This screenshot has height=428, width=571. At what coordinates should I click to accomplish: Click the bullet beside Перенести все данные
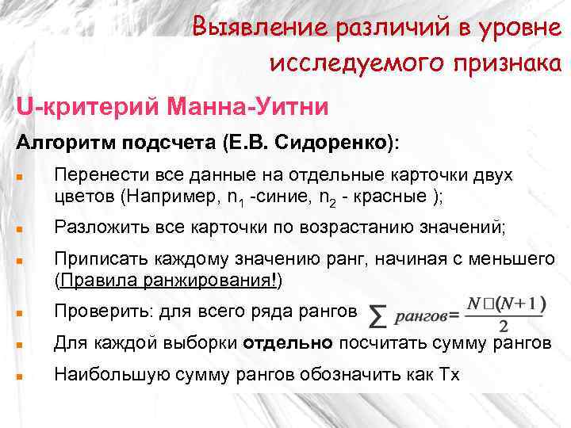(x=20, y=176)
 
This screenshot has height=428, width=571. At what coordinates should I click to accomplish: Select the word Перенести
(x=91, y=174)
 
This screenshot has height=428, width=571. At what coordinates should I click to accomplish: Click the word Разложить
(x=92, y=227)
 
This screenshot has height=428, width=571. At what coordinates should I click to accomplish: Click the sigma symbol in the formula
(x=380, y=317)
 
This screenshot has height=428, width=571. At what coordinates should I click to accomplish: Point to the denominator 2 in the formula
(x=504, y=327)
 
